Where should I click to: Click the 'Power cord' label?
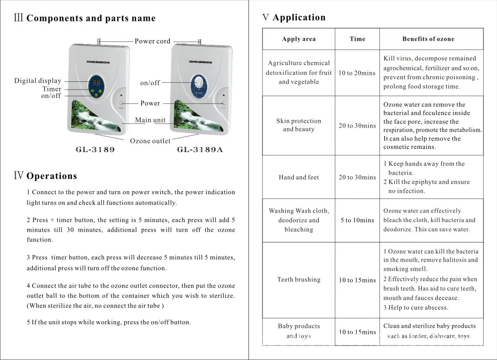152,41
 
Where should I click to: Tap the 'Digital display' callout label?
38,81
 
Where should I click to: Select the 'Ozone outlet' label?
150,141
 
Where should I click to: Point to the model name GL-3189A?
200,150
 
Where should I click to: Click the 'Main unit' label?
150,120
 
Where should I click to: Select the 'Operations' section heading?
51,176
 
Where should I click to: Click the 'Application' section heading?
299,18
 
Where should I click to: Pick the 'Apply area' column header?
299,39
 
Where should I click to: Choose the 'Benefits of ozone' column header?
428,39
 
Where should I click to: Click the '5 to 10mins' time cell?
357,220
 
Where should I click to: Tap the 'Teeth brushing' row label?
299,279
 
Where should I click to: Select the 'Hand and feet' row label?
299,177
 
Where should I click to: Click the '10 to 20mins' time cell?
357,73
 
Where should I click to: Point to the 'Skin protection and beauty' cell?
299,125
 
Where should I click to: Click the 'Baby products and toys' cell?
299,331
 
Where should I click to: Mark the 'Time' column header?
357,39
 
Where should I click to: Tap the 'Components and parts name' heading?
91,19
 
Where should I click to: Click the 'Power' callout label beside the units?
150,104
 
